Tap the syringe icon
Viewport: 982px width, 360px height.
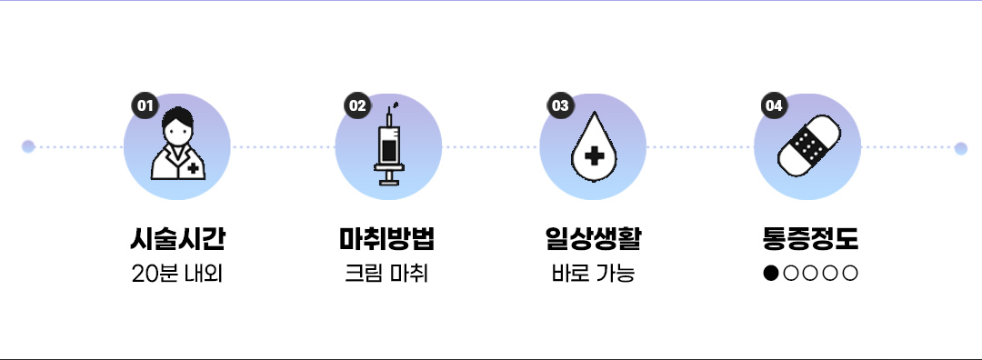tap(389, 145)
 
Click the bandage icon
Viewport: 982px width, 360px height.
tap(808, 145)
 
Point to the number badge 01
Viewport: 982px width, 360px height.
tap(143, 105)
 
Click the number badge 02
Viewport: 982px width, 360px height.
tap(356, 105)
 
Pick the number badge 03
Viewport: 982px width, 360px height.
tap(560, 105)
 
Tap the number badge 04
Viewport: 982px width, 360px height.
tap(774, 105)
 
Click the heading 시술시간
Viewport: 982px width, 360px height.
tap(177, 239)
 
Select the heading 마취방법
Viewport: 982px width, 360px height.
tap(388, 239)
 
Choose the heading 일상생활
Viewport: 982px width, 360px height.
tap(593, 239)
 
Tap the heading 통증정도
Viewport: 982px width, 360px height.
tap(808, 239)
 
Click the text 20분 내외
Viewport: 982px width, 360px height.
tap(177, 273)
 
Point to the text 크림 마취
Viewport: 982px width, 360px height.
tap(388, 273)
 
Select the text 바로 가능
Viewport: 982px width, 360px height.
tap(593, 273)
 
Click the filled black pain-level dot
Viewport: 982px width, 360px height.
tap(771, 273)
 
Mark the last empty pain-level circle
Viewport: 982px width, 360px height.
tap(850, 273)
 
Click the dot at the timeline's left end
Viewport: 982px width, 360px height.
tap(28, 146)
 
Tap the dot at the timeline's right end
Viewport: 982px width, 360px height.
tap(961, 148)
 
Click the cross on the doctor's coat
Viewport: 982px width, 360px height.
tap(193, 168)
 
